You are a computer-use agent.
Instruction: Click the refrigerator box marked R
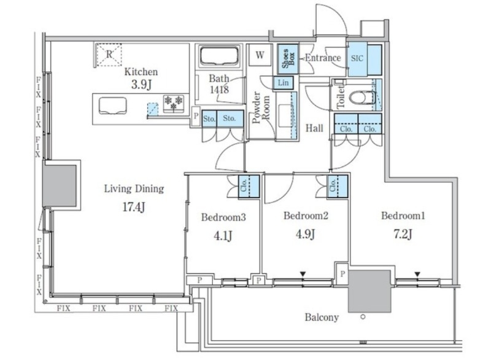click(109, 55)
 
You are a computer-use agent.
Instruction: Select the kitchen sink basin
click(113, 106)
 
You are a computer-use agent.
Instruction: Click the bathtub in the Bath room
click(219, 56)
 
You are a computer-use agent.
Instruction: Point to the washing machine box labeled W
click(260, 55)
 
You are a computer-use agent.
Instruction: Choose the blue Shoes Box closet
click(288, 59)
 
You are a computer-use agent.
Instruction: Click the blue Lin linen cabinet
click(283, 83)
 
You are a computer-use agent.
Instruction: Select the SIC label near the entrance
click(357, 58)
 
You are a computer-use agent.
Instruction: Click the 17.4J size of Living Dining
click(134, 207)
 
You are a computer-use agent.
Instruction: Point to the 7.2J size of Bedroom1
click(403, 234)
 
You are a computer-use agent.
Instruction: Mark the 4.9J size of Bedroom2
click(305, 234)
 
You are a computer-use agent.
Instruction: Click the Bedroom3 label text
click(223, 217)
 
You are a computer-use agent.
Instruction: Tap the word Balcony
click(322, 318)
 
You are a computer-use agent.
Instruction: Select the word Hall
click(314, 128)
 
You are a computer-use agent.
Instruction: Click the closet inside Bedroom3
click(249, 186)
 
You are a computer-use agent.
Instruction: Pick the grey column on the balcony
click(369, 291)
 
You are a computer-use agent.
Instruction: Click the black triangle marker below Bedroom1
click(417, 275)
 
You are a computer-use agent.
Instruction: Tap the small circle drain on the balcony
click(363, 317)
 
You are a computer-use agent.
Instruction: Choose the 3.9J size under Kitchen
click(142, 85)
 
